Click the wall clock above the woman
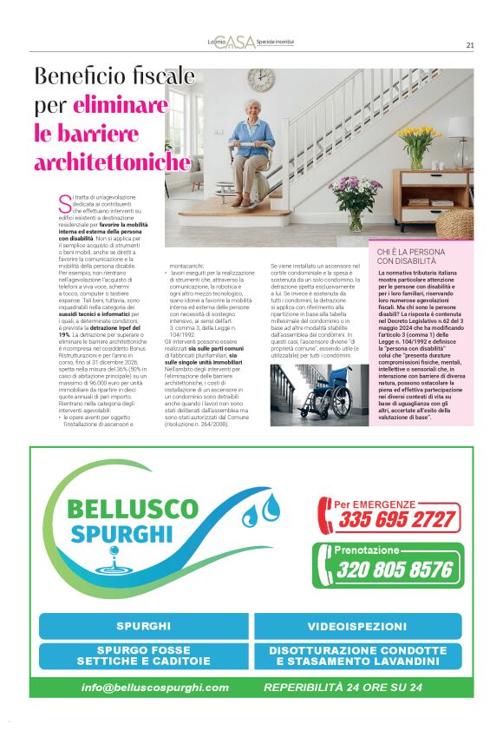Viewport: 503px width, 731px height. pos(260,81)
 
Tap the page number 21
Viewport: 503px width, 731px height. pos(469,45)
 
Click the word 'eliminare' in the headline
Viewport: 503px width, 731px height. pos(121,106)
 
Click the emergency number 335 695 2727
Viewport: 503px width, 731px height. pos(397,519)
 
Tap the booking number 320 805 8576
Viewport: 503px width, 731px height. pos(395,570)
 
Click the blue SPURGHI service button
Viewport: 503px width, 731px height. pos(141,625)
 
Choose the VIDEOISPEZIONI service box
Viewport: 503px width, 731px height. pos(356,625)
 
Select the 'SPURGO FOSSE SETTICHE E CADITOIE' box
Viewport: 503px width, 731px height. pos(141,655)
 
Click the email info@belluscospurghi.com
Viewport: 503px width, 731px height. pos(155,687)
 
